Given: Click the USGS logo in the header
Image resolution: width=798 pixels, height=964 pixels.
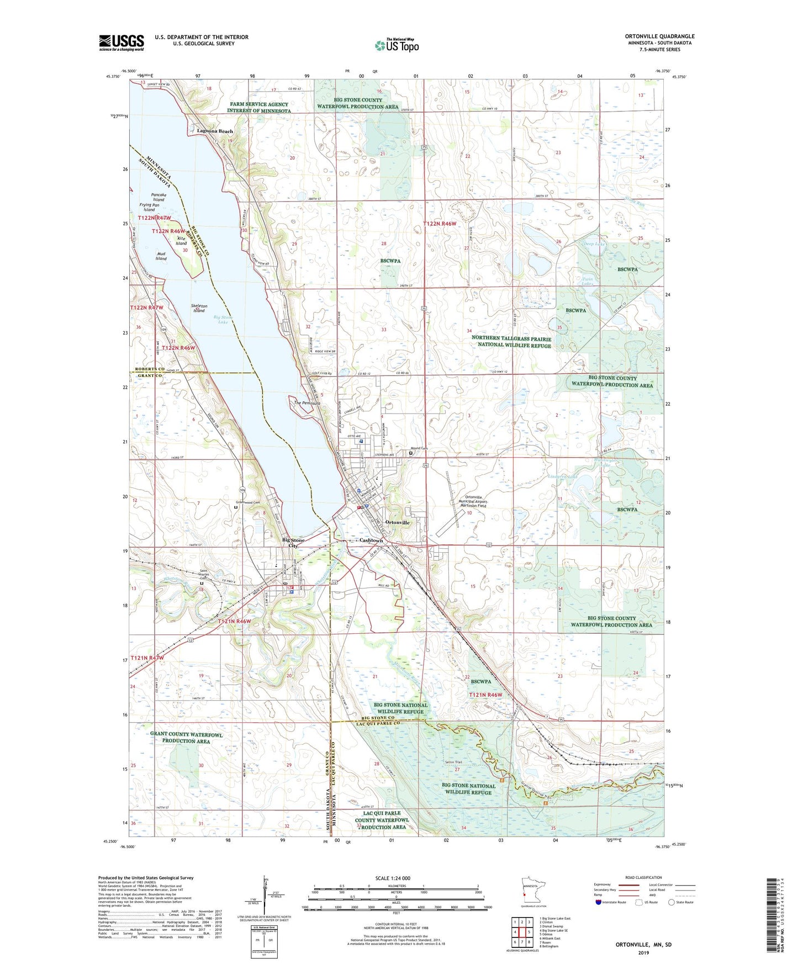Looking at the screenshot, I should [121, 43].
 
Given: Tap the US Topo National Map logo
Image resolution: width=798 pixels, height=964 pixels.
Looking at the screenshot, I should [397, 45].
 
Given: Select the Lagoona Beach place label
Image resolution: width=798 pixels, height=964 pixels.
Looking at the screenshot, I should [215, 131].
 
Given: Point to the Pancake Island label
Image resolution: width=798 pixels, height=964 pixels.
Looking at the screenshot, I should [158, 197].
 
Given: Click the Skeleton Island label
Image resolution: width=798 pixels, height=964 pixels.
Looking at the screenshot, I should [198, 308].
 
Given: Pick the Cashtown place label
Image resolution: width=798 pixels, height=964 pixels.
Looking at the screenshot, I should [371, 540].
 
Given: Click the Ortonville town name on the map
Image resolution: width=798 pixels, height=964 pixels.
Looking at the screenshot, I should [397, 522].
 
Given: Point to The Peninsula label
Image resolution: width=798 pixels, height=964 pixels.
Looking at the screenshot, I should [306, 403].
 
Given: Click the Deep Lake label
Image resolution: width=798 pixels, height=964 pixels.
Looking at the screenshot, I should [594, 243].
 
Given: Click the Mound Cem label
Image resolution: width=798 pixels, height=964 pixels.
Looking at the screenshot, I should [419, 448].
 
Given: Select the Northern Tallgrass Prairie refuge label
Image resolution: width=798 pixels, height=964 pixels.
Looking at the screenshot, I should [511, 342].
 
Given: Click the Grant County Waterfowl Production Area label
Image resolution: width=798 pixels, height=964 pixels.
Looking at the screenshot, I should [186, 738].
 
